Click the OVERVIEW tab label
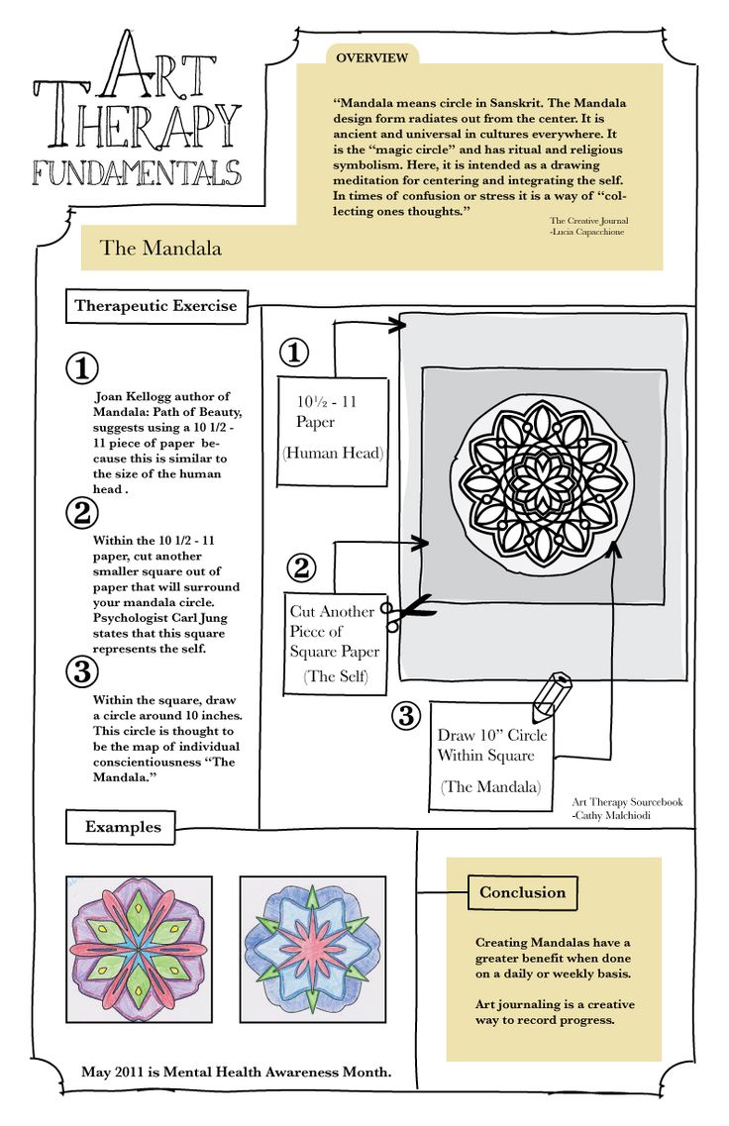(371, 58)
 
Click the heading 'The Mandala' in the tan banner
(160, 248)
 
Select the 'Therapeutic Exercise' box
(156, 305)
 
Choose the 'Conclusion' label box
(522, 892)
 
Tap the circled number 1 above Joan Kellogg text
(82, 368)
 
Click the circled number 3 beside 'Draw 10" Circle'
(405, 715)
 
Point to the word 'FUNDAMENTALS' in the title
(136, 172)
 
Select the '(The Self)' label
(335, 677)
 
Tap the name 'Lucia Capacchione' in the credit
(589, 232)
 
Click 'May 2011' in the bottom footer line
(115, 1073)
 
